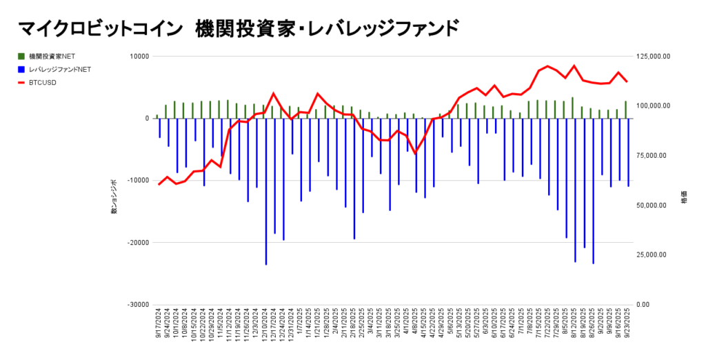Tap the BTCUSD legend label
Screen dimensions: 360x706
click(43, 83)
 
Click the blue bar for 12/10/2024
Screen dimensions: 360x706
click(266, 191)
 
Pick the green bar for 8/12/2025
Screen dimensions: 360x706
click(572, 108)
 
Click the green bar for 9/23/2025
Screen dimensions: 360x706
click(625, 110)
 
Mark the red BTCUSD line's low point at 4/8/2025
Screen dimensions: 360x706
click(415, 153)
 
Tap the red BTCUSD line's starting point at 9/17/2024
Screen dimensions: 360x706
click(159, 184)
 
